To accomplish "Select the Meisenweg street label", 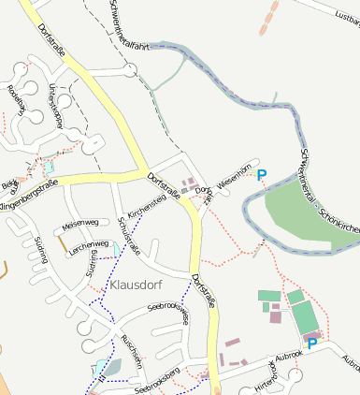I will pos(79,225).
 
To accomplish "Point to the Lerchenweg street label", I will pos(89,244).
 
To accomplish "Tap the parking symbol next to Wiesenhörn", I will pos(262,174).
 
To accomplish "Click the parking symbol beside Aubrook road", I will pos(312,344).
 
